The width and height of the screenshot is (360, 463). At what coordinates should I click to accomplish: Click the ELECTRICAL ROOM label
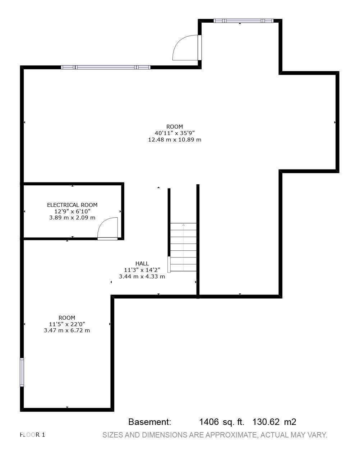pos(72,205)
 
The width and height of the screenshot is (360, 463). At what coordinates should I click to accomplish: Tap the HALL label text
pos(142,264)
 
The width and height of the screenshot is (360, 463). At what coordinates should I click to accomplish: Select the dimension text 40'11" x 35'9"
pos(175,133)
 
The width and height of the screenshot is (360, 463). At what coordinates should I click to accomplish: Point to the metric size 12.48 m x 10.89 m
pos(175,139)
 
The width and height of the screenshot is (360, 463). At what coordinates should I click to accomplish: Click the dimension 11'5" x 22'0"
pos(67,324)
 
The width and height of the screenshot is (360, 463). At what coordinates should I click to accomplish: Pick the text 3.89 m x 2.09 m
pos(72,218)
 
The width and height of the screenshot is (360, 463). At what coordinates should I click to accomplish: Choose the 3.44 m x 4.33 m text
pos(142,277)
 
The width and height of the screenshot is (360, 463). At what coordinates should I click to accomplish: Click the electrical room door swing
pos(108,228)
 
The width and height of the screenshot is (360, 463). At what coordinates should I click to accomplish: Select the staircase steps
pos(183,247)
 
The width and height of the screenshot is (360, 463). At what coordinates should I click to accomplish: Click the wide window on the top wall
pos(106,67)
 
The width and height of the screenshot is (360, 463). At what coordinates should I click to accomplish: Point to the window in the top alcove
pos(243,21)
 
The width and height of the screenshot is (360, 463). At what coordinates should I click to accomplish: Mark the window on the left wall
pos(22,372)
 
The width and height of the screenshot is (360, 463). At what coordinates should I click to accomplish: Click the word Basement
pos(149,422)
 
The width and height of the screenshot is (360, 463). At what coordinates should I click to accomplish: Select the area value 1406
pos(209,422)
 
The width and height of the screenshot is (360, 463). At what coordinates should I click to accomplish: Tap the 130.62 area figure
pos(266,422)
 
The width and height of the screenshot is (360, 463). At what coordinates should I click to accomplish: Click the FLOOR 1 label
pos(32,435)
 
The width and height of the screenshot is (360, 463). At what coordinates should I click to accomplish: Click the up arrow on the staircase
pos(183,226)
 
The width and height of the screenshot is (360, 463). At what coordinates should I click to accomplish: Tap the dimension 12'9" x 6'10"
pos(72,212)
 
